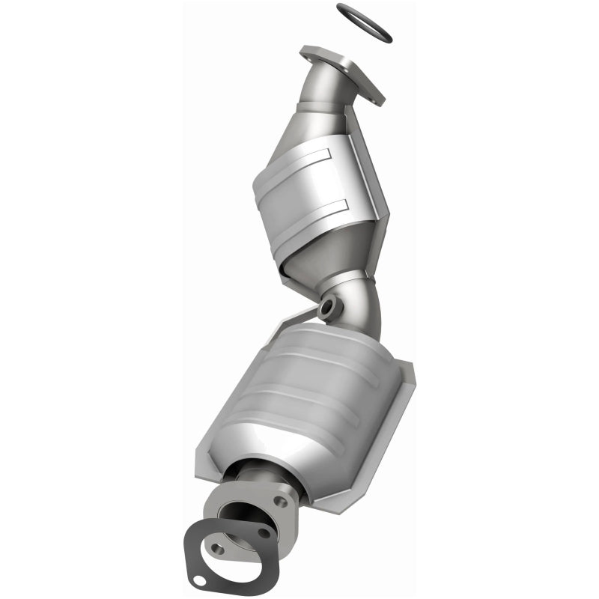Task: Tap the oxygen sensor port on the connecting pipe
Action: tap(328, 308)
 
